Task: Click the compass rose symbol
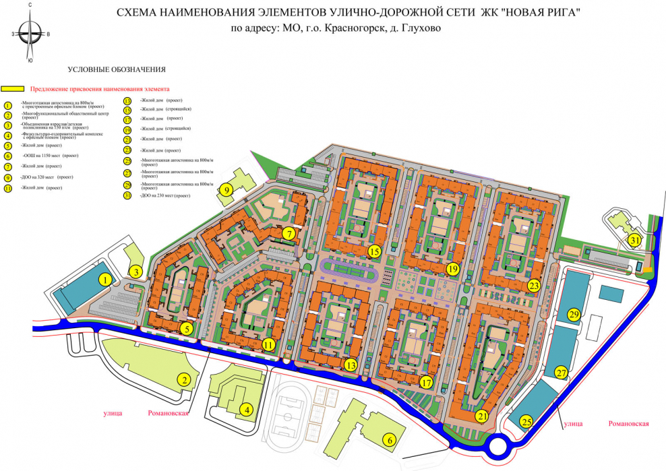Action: [30, 33]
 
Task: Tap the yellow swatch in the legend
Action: [13, 88]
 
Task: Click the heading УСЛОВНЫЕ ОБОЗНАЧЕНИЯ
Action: [117, 70]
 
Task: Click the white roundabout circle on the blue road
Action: [501, 446]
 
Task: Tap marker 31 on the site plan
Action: [634, 240]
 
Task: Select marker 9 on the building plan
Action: [227, 190]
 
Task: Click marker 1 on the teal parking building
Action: [105, 279]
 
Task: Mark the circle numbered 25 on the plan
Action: [526, 422]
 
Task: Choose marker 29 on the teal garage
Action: [574, 315]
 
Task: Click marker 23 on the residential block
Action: [534, 285]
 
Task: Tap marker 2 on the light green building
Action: [184, 379]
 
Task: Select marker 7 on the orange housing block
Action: [288, 234]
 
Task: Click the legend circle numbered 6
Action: [8, 155]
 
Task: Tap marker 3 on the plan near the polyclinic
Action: [136, 272]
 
